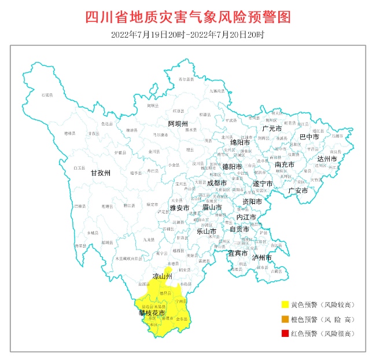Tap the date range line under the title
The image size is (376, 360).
(188, 34)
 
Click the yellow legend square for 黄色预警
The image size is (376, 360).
(285, 304)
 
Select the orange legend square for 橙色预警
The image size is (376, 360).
(285, 319)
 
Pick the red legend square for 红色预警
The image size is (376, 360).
(285, 333)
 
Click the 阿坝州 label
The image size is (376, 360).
(178, 124)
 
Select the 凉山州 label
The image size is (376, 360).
(162, 277)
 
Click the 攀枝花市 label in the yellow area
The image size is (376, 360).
(152, 313)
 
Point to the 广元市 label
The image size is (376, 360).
(271, 128)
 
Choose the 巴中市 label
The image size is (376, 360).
(309, 137)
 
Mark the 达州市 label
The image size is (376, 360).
(327, 159)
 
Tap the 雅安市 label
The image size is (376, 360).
(179, 207)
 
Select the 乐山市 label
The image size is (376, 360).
(207, 231)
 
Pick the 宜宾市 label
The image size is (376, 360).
(237, 254)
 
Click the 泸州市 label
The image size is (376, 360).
(262, 257)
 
